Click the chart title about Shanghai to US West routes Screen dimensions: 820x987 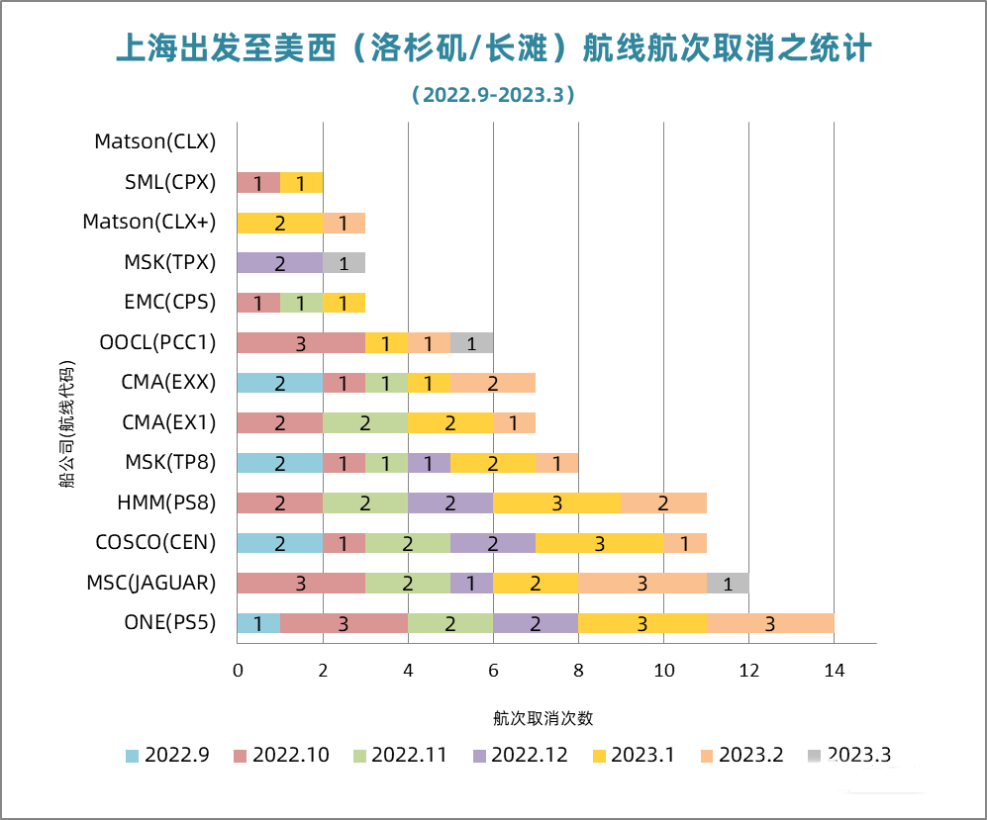point(493,46)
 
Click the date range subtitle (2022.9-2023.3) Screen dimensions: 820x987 point(493,95)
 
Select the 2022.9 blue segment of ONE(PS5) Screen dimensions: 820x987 point(258,623)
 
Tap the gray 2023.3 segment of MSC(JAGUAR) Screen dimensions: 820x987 point(728,584)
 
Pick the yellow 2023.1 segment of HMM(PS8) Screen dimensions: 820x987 point(557,502)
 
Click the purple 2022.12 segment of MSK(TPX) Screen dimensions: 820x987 point(279,263)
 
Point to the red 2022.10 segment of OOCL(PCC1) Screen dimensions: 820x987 point(300,343)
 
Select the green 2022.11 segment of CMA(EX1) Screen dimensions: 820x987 point(364,423)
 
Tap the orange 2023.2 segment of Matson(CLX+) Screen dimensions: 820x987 point(344,223)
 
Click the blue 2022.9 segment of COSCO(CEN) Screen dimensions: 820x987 point(279,543)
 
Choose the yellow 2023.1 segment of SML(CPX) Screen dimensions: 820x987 point(301,183)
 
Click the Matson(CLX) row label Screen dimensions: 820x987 point(154,141)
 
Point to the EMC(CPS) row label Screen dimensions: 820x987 point(169,302)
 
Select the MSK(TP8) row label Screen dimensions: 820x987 point(169,462)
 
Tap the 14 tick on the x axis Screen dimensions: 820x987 point(834,671)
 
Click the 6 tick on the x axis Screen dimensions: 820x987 point(493,671)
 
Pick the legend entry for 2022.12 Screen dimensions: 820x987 point(521,755)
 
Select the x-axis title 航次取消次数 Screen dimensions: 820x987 point(543,718)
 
